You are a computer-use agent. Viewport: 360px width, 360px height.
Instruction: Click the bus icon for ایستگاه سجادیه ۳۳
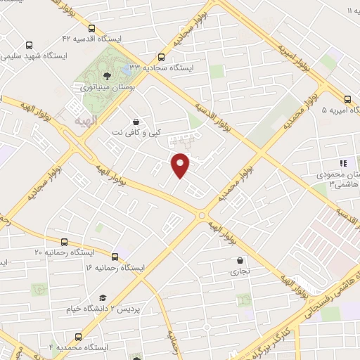tap(162, 57)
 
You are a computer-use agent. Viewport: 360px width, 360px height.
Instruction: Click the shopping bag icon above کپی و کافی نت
tap(136, 121)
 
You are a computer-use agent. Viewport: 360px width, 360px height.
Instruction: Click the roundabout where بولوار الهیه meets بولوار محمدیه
tap(202, 215)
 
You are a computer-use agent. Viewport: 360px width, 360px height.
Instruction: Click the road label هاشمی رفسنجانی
tap(330, 276)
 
